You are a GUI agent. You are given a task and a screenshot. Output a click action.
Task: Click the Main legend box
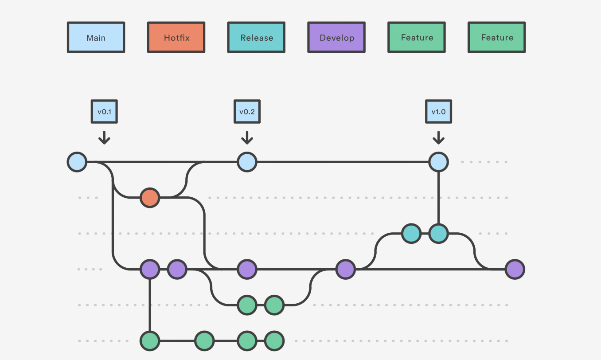[96, 37]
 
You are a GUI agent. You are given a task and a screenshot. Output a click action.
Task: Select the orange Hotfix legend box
[176, 37]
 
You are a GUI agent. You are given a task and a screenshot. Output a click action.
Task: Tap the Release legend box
[256, 37]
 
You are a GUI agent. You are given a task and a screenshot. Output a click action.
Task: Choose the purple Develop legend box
[336, 37]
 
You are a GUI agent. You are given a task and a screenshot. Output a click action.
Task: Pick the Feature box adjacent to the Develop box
[417, 37]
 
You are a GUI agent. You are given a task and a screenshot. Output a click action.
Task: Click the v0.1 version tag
[104, 112]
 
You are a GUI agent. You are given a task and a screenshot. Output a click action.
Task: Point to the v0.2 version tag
[247, 112]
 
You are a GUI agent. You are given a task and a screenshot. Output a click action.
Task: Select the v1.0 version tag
[439, 112]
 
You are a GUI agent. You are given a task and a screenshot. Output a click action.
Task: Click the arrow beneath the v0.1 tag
[104, 138]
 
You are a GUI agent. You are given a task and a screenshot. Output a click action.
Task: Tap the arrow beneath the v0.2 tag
[247, 138]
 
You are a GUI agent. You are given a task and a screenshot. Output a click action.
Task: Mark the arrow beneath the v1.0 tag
[439, 138]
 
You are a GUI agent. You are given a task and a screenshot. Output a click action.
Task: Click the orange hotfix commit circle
[150, 198]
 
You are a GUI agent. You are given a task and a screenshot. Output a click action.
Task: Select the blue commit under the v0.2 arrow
[247, 162]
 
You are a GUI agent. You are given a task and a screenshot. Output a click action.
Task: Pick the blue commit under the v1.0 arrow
[439, 162]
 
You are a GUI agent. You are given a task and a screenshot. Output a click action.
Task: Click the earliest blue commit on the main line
[77, 162]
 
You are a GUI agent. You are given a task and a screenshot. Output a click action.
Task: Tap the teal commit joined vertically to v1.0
[439, 234]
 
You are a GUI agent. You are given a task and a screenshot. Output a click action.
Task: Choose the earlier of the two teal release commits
[411, 234]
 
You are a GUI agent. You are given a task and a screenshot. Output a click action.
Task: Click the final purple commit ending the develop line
[515, 269]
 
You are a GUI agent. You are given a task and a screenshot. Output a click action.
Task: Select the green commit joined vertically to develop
[150, 341]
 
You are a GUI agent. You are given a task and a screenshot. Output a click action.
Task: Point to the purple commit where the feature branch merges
[346, 269]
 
